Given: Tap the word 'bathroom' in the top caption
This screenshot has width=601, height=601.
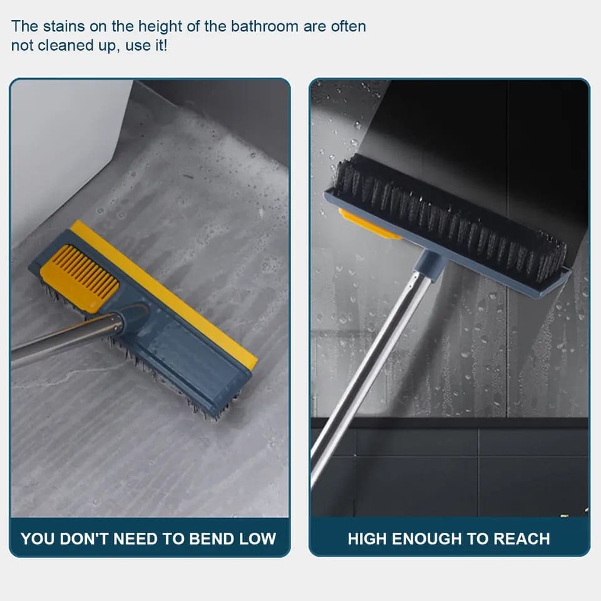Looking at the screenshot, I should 263,26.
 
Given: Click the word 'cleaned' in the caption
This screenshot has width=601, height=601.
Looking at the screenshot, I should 63,46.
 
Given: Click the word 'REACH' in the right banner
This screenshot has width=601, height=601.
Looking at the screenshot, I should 521,538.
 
